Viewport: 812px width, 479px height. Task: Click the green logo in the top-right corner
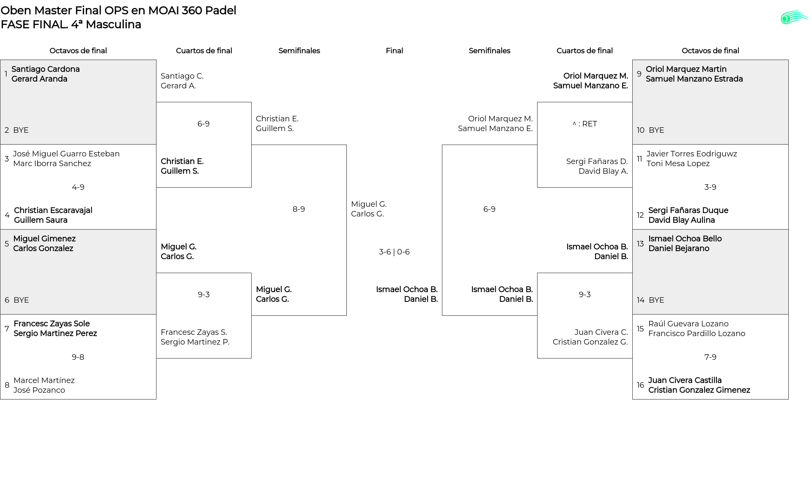tap(794, 18)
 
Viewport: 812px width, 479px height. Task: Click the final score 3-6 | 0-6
tap(394, 252)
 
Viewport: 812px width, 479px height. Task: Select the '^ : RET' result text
tap(584, 124)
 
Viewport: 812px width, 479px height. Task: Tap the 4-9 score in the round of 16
tap(78, 187)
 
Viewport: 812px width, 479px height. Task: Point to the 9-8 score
tap(78, 357)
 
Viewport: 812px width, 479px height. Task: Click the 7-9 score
tap(710, 357)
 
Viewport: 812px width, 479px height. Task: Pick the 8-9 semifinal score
tap(299, 209)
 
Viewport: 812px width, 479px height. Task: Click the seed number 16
tap(640, 385)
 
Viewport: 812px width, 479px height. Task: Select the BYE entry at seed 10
tap(656, 130)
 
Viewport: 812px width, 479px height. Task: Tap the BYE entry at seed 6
tap(21, 300)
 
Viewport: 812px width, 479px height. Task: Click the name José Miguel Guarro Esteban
tap(66, 154)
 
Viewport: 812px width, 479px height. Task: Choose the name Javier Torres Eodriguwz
tap(691, 154)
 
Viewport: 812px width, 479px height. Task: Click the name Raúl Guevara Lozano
tap(689, 324)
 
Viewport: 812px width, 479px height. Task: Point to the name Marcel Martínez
tap(44, 380)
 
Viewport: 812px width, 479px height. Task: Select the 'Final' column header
tap(394, 51)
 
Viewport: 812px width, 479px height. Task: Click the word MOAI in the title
tap(163, 11)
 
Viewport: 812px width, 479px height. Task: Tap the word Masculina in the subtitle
tap(113, 25)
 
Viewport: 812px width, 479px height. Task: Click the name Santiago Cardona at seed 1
tap(46, 69)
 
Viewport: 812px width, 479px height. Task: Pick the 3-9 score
tap(710, 187)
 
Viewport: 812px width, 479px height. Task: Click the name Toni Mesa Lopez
tap(678, 164)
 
